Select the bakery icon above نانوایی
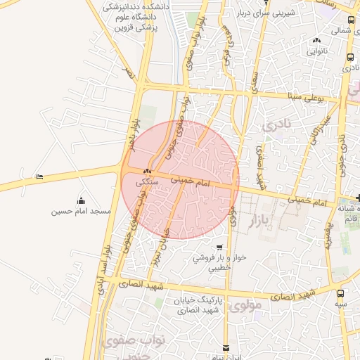click(x=316, y=41)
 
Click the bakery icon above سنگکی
click(x=148, y=171)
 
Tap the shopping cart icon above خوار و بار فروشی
click(x=220, y=247)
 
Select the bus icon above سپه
click(x=341, y=293)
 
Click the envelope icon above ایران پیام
click(x=226, y=347)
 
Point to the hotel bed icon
click(x=39, y=176)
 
